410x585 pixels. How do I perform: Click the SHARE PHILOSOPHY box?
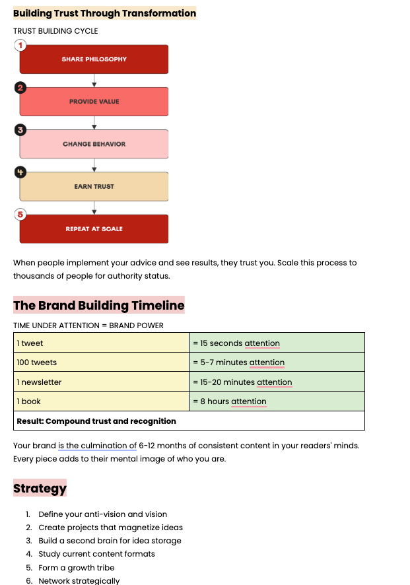click(x=94, y=59)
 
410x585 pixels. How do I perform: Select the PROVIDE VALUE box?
click(x=94, y=102)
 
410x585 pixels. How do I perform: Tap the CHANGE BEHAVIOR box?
click(x=94, y=144)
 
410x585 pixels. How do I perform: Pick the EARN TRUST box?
click(x=94, y=186)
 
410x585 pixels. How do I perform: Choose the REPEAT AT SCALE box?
click(x=94, y=229)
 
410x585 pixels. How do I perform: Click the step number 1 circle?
click(x=20, y=46)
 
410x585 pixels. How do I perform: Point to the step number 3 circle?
click(x=20, y=130)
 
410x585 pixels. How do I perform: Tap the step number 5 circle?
click(x=20, y=215)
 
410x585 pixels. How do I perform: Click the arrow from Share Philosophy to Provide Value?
click(x=94, y=81)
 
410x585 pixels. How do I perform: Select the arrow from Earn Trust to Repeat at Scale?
click(x=94, y=208)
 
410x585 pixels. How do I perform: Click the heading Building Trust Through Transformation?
click(x=104, y=13)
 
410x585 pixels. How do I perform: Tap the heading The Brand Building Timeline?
click(x=98, y=305)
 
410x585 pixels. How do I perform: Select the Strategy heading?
click(x=40, y=489)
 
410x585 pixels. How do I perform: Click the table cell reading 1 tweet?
click(x=102, y=343)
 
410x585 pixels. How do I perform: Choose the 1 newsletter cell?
click(x=102, y=382)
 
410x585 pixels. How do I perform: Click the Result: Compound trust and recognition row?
click(x=189, y=421)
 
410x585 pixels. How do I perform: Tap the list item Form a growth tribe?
click(x=77, y=568)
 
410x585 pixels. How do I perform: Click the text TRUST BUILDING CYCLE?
click(x=55, y=31)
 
